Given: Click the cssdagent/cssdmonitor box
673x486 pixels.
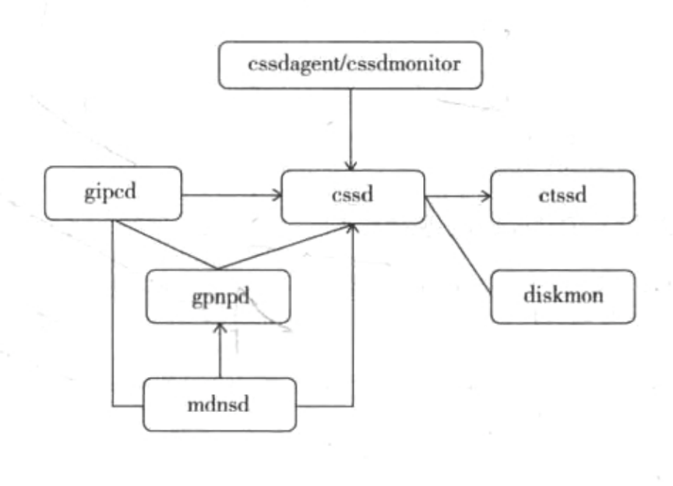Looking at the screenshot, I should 351,65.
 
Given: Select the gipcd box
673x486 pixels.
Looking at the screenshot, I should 114,192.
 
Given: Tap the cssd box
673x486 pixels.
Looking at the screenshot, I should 353,196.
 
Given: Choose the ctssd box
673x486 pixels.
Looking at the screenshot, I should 562,196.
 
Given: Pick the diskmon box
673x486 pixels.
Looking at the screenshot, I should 562,296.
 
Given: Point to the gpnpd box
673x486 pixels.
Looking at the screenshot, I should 219,296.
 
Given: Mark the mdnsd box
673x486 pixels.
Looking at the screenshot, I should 220,404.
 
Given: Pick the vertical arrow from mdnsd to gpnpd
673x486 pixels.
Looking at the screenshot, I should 220,354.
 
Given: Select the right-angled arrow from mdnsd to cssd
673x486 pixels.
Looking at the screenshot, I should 352,327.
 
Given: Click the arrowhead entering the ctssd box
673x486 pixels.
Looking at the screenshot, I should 486,196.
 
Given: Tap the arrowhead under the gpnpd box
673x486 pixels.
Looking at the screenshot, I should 220,327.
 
